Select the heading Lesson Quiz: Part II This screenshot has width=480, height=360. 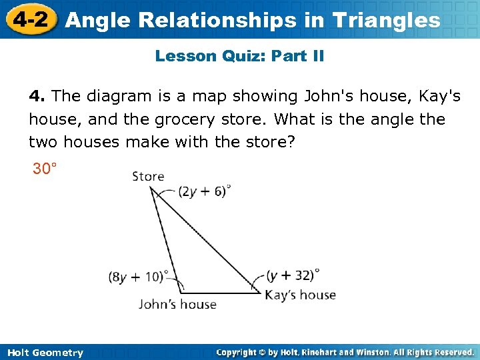239,56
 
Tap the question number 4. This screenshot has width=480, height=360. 36,96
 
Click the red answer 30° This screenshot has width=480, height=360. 45,169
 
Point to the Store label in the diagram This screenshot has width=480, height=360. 148,177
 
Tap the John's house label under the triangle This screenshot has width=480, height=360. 177,304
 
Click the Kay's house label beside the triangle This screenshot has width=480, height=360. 300,295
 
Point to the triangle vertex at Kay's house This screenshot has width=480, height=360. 259,291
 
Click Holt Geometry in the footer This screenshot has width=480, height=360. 45,353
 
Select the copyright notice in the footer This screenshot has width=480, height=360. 345,352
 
